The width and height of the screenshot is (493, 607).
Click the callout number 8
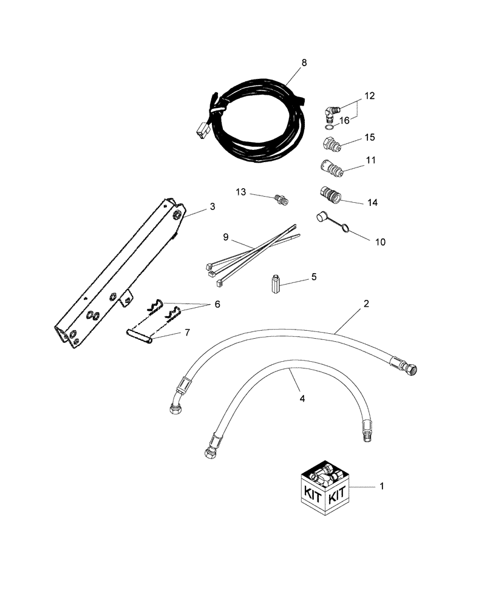click(304, 63)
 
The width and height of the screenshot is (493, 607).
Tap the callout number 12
click(370, 96)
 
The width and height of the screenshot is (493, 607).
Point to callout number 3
click(212, 206)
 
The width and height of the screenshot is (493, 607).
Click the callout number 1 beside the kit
click(381, 486)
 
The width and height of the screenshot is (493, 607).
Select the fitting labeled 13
click(282, 198)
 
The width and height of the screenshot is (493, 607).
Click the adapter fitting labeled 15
click(333, 145)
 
